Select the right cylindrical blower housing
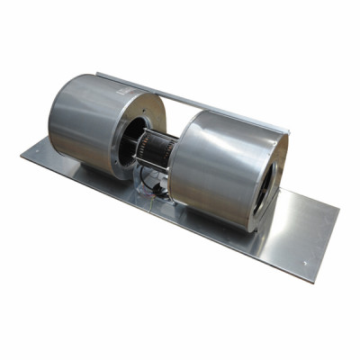(216, 171)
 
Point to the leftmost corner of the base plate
(21, 158)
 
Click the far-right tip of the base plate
(339, 216)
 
